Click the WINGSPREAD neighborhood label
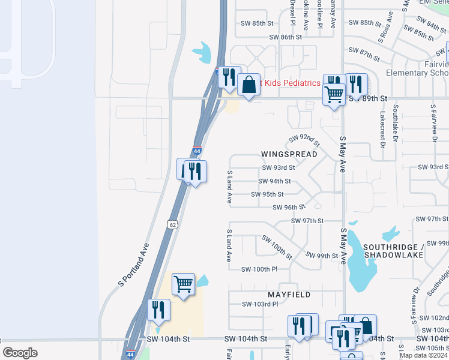(289, 154)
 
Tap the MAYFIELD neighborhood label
(290, 295)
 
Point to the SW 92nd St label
(304, 141)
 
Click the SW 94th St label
(274, 181)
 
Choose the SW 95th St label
(267, 194)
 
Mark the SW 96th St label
(289, 208)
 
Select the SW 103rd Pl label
(260, 304)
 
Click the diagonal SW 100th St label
(277, 247)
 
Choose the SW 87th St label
(364, 55)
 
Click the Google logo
(20, 353)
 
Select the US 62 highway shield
(172, 224)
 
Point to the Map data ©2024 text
(424, 355)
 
